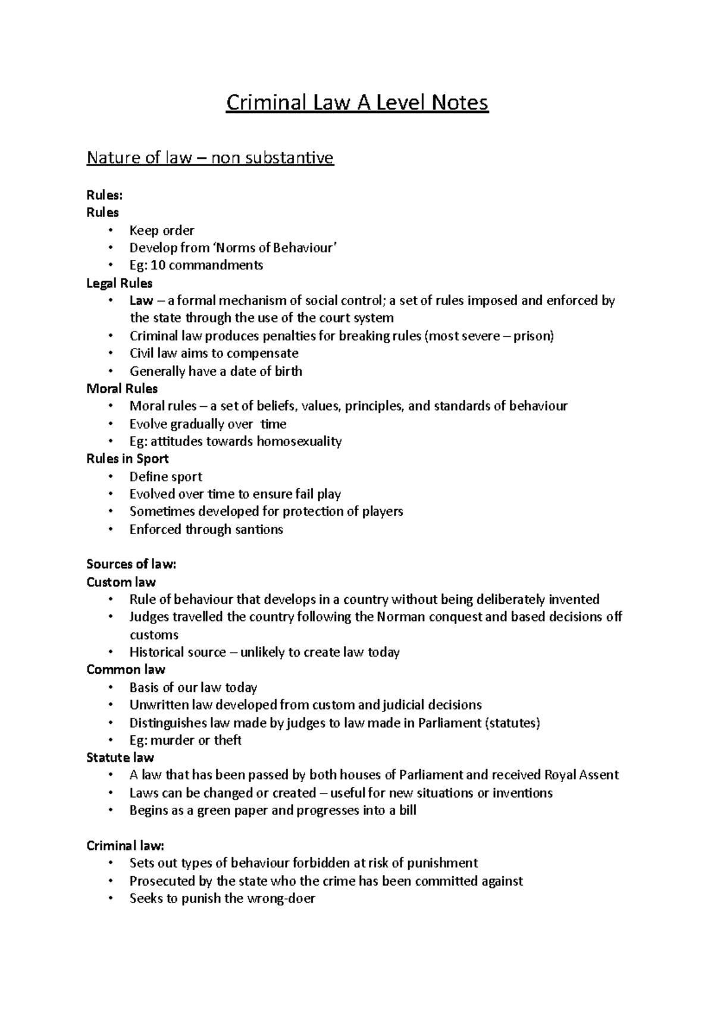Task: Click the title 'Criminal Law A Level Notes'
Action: [357, 103]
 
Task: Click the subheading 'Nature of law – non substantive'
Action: [210, 158]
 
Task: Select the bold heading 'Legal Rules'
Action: [120, 283]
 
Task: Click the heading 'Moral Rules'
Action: [122, 389]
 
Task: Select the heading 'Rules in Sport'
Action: [127, 459]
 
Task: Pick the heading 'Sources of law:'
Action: [131, 564]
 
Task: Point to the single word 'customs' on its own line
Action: [154, 635]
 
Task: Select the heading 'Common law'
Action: [126, 670]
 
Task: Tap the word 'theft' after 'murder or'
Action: [227, 741]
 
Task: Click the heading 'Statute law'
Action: [120, 758]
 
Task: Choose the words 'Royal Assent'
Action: [581, 775]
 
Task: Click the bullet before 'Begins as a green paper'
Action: [111, 811]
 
